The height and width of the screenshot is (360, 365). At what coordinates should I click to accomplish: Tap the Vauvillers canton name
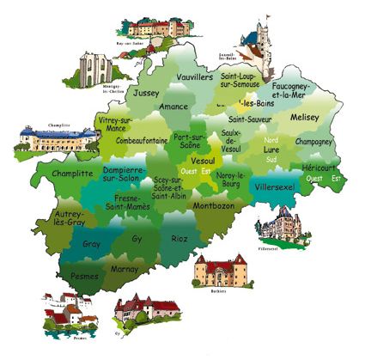[x=194, y=76]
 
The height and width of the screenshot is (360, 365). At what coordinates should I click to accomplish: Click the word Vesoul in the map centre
[x=203, y=161]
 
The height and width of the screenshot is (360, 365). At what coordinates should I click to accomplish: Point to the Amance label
[x=175, y=107]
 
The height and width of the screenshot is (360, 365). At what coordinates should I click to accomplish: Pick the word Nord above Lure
[x=271, y=139]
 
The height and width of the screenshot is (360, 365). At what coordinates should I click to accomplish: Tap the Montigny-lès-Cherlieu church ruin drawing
[x=96, y=67]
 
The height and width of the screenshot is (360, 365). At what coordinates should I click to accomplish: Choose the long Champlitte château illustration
[x=46, y=137]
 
